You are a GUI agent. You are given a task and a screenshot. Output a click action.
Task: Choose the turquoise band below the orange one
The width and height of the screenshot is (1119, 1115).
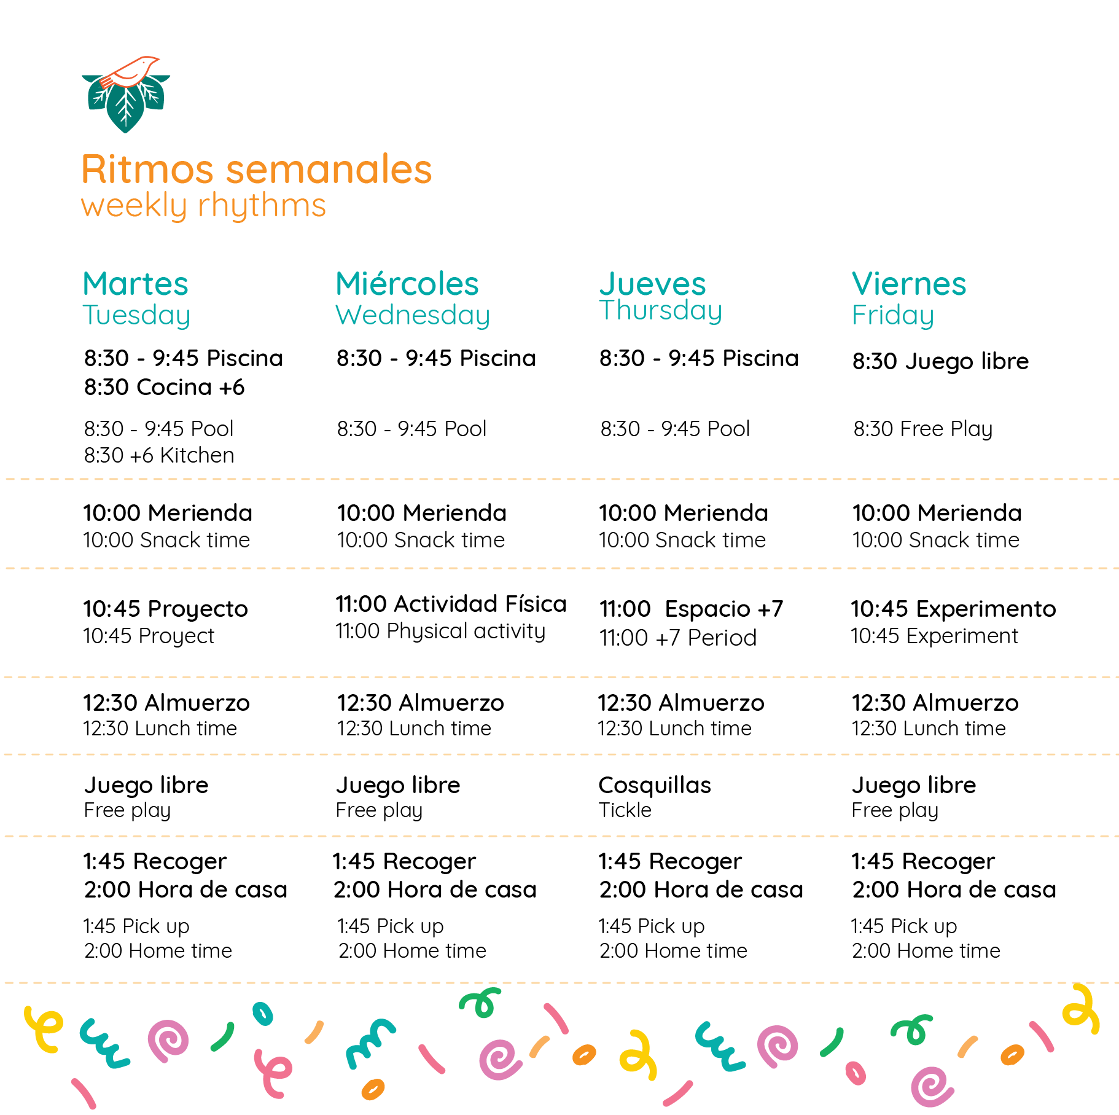[614, 307]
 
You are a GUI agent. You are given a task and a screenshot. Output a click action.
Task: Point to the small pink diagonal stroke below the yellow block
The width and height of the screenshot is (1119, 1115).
[86, 1090]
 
